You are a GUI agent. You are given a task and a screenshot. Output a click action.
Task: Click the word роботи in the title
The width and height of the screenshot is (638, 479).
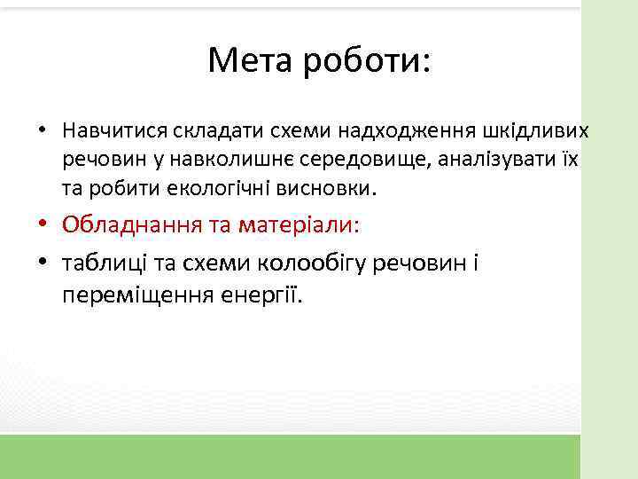pyautogui.click(x=366, y=60)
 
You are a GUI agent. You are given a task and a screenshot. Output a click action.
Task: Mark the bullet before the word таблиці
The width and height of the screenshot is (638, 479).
pyautogui.click(x=43, y=263)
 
